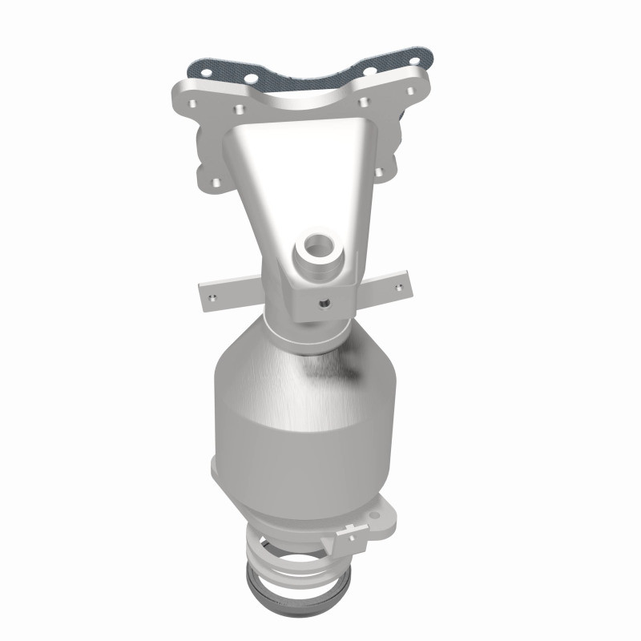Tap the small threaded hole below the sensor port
click(x=325, y=304)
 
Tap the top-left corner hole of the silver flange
click(x=193, y=105)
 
